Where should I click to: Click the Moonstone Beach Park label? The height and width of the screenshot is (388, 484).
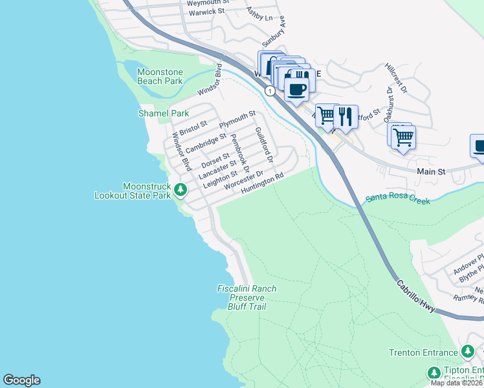[x=160, y=76]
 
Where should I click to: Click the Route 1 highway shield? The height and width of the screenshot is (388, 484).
[x=270, y=92]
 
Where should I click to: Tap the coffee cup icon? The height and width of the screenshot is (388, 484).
[x=297, y=89]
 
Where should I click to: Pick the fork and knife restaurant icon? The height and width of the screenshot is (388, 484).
[x=346, y=116]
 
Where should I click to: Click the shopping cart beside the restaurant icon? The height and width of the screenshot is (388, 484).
[x=327, y=115]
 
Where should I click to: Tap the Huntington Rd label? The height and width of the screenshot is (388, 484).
[x=263, y=184]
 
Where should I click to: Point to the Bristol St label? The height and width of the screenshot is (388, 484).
[x=193, y=127]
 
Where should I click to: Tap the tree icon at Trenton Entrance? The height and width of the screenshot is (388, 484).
[x=468, y=352]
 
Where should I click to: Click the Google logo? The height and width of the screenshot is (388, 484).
[x=21, y=380]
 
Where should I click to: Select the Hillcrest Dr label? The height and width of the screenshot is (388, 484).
[x=395, y=78]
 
